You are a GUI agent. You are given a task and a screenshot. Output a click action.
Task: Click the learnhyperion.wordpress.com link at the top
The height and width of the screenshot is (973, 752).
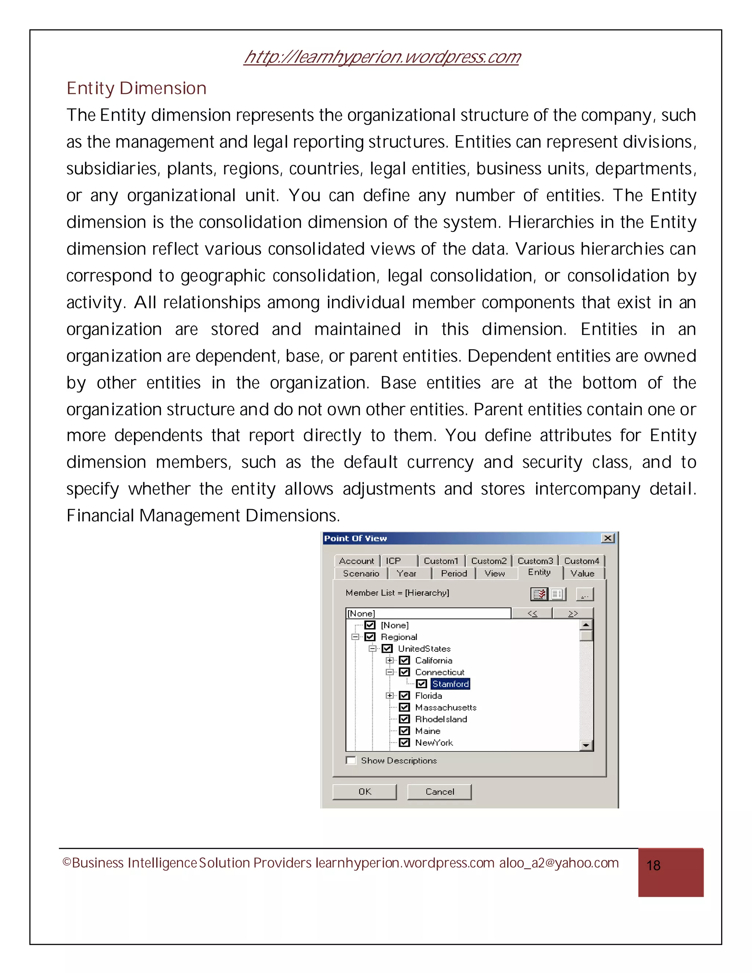(382, 57)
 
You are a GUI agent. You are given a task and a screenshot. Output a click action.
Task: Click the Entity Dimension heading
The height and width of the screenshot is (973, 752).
(136, 88)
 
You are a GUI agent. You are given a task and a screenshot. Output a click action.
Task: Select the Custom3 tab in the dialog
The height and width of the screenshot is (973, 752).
(535, 561)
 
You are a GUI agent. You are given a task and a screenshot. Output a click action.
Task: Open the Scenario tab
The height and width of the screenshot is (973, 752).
(361, 574)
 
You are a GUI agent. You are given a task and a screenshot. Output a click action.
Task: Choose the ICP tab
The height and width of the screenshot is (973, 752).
(393, 561)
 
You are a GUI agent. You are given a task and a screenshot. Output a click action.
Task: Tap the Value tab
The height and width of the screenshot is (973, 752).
(582, 574)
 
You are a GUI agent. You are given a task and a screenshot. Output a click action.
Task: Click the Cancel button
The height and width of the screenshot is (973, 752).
(439, 792)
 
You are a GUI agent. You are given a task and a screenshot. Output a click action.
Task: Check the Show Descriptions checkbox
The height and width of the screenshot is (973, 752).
(351, 760)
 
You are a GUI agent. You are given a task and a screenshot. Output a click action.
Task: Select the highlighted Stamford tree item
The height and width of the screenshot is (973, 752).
(451, 684)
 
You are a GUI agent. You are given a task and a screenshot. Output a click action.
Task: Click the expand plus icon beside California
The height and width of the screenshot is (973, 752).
(389, 660)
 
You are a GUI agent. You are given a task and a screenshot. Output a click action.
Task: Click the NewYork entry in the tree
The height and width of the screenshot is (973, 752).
(434, 743)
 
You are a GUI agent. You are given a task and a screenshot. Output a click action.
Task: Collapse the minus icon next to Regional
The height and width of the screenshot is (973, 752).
(355, 637)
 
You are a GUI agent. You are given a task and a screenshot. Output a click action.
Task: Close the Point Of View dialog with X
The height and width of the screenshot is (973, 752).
(608, 538)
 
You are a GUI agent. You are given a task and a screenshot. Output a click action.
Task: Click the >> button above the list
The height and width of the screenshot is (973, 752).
(573, 614)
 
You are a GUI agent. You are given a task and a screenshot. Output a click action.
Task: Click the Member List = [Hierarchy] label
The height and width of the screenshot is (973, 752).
(397, 593)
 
